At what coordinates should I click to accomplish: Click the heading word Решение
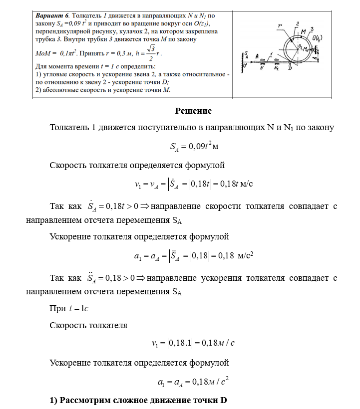pos(193,111)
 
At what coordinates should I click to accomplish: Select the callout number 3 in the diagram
pos(312,29)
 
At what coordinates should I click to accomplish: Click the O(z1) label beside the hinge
pos(316,38)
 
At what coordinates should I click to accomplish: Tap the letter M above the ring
pos(304,31)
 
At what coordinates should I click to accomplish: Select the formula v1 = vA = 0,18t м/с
pos(193,184)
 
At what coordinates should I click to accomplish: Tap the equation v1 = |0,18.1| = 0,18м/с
pos(193,343)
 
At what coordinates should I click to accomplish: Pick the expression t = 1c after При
pos(78,309)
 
